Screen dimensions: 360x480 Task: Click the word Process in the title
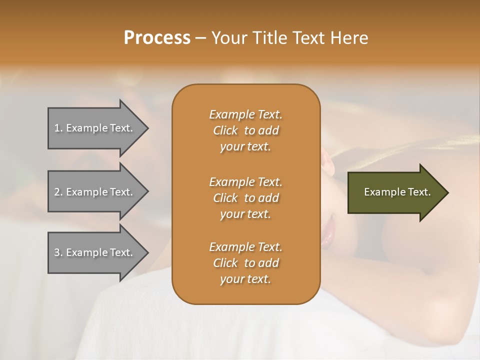click(x=157, y=38)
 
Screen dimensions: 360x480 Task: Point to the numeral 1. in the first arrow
click(x=58, y=128)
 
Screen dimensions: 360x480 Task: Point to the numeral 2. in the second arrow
click(x=58, y=192)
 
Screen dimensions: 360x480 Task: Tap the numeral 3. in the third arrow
click(x=58, y=252)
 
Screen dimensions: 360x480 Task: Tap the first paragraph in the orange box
click(x=245, y=130)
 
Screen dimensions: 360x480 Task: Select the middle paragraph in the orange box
click(x=245, y=198)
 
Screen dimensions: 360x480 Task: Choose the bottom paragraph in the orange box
click(x=245, y=263)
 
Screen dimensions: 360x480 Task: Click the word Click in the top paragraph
click(x=225, y=131)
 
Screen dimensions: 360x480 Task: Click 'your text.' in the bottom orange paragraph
click(x=245, y=279)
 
